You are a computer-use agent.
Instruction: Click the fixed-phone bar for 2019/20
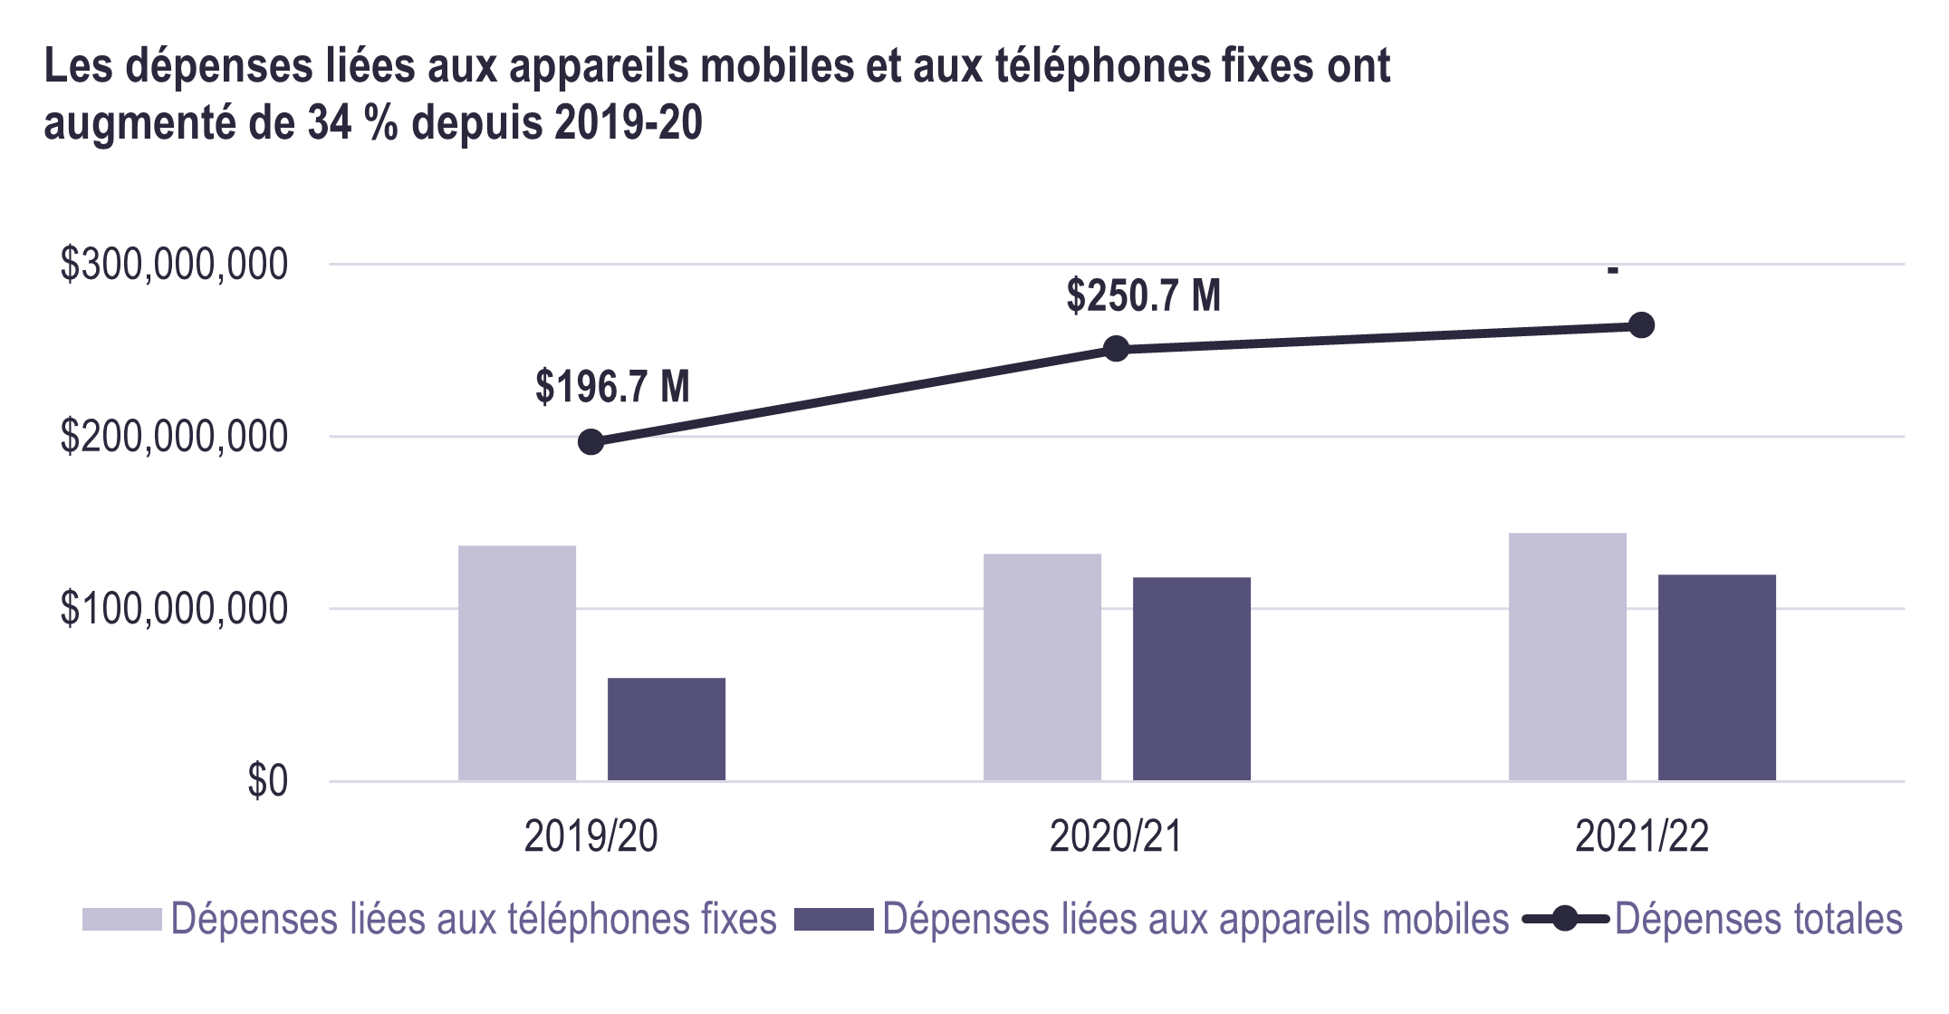coord(517,662)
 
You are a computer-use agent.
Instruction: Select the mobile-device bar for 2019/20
coord(667,729)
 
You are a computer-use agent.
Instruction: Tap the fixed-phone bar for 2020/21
coord(1042,667)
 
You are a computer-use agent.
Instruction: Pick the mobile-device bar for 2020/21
coord(1192,679)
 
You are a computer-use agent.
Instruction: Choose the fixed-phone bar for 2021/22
coord(1568,656)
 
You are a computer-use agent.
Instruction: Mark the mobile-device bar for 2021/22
coord(1717,677)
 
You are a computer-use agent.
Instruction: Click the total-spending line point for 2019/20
coord(590,442)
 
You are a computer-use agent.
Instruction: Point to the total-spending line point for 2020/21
coord(1117,349)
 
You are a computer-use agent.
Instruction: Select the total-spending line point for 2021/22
coord(1642,325)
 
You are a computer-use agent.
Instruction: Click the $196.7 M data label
coord(612,387)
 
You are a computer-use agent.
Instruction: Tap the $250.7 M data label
coord(1143,295)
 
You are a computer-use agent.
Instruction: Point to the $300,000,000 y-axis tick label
coord(174,265)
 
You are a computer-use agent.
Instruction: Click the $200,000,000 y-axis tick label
coord(174,437)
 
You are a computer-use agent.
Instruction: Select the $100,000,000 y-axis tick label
coord(174,609)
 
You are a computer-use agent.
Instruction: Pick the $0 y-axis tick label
coord(267,781)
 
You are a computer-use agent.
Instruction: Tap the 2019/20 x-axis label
coord(590,836)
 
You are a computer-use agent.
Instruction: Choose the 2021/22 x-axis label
coord(1642,836)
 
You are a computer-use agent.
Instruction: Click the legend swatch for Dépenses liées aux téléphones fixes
coord(121,920)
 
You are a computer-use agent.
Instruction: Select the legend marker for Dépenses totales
coord(1565,920)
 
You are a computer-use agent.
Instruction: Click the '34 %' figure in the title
coord(352,122)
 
